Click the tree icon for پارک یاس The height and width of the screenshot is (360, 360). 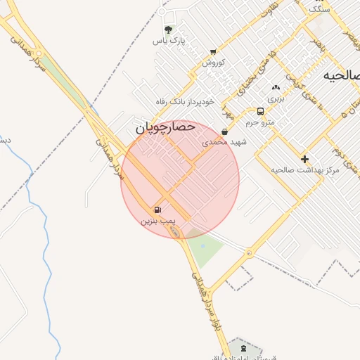click(x=168, y=30)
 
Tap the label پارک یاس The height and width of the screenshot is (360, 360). click(x=170, y=41)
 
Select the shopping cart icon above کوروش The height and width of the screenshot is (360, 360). click(x=213, y=52)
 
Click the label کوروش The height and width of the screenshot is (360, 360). click(x=213, y=63)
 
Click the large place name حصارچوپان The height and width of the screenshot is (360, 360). click(x=163, y=129)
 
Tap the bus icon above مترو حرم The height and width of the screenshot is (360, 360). click(x=261, y=111)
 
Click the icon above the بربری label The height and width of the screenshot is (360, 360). click(x=275, y=88)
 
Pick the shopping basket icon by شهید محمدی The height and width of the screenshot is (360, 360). click(x=224, y=131)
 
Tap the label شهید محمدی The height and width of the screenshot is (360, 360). click(x=225, y=142)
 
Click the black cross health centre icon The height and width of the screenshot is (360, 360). click(x=304, y=159)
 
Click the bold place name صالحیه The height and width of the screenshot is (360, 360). click(x=341, y=75)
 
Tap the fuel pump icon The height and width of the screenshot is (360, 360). click(x=157, y=210)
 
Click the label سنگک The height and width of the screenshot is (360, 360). click(x=319, y=10)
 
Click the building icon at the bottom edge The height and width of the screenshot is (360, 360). click(x=243, y=349)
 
